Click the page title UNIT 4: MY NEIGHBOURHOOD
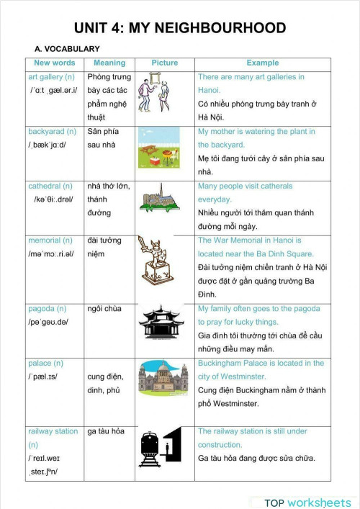pos(180,28)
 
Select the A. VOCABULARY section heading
pos(67,48)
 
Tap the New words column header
pos(55,63)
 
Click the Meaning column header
pos(109,63)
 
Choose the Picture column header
pos(164,63)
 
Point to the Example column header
pos(262,63)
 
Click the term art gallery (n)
pos(51,77)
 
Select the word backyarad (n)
pos(52,132)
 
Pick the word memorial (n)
pos(50,240)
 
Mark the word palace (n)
pos(45,364)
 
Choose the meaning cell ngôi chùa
pos(105,309)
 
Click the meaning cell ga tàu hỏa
pos(106,431)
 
